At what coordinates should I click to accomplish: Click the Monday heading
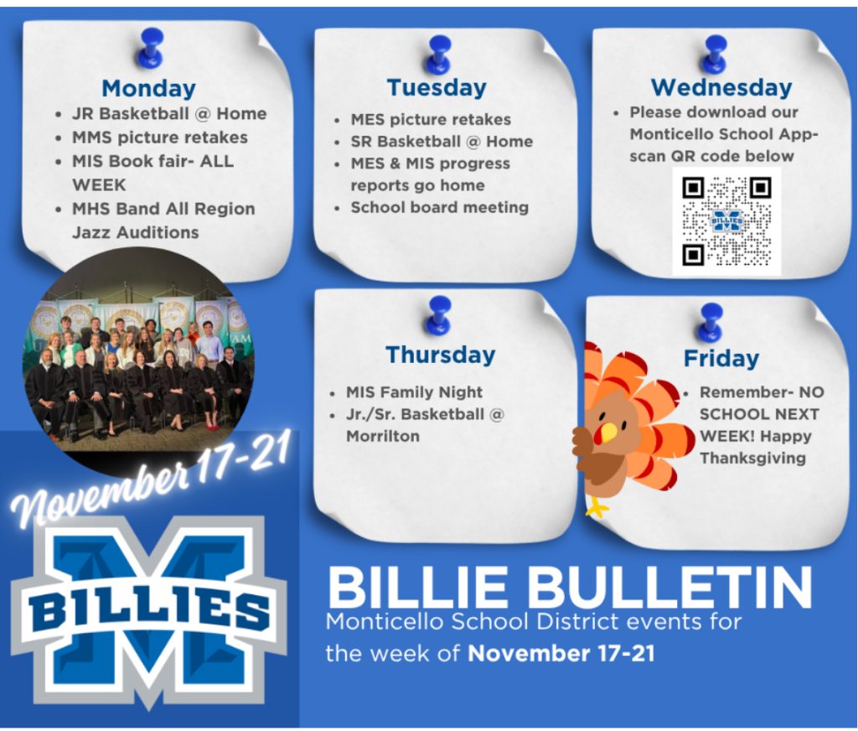click(x=148, y=88)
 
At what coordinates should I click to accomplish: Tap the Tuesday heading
click(x=437, y=88)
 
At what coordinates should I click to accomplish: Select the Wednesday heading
click(x=721, y=88)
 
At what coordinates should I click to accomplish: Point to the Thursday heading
click(x=441, y=355)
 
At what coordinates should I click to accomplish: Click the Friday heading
click(x=721, y=359)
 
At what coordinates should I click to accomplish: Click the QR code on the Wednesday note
click(x=726, y=221)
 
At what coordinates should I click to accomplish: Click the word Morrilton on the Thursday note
click(x=382, y=437)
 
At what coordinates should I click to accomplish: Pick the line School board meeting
click(x=439, y=208)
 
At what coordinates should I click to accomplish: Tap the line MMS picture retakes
click(x=160, y=137)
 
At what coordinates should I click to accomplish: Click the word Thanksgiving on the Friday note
click(x=752, y=458)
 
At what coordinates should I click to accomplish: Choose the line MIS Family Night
click(x=414, y=392)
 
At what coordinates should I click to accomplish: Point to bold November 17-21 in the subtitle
click(x=561, y=654)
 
